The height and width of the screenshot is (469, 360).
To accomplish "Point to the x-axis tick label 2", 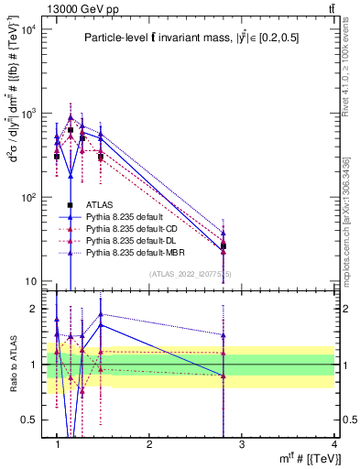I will point(150,443).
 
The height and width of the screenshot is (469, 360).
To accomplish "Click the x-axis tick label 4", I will point(334,443).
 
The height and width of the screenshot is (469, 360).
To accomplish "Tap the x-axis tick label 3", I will point(242,443).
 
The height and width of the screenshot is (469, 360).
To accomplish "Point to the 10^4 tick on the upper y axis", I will point(30,30).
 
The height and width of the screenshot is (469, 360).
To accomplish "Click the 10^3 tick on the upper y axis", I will point(30,114).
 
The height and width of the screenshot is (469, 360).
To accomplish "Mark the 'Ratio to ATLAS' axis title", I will point(12,364).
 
